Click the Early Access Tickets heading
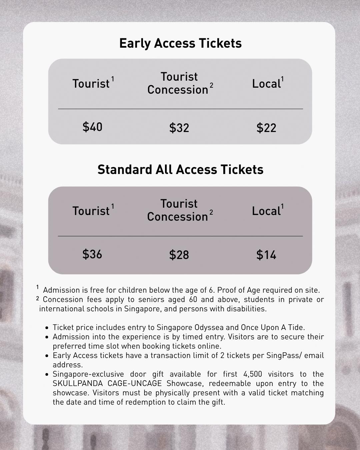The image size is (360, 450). pos(180,43)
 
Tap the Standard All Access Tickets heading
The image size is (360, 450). pos(180,170)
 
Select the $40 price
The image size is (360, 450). pos(92,127)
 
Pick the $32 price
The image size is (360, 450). pos(179,128)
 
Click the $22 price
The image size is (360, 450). pos(266,128)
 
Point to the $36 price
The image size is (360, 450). pos(92,254)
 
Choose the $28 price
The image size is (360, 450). pos(179,255)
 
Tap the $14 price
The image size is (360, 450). pos(266,255)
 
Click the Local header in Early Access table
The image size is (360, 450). pos(267,84)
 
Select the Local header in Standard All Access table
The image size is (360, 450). pos(267,211)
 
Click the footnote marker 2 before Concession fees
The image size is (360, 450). pos(38,299)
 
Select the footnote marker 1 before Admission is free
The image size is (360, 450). pos(38,287)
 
